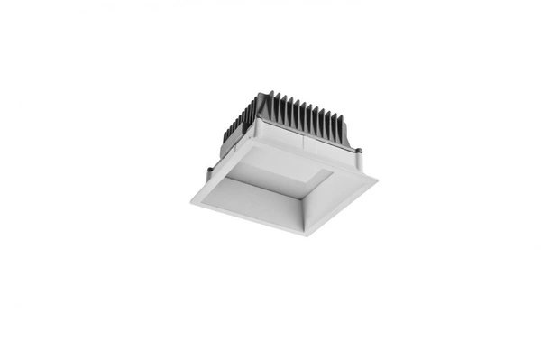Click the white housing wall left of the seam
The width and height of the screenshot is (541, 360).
pos(280,140)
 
